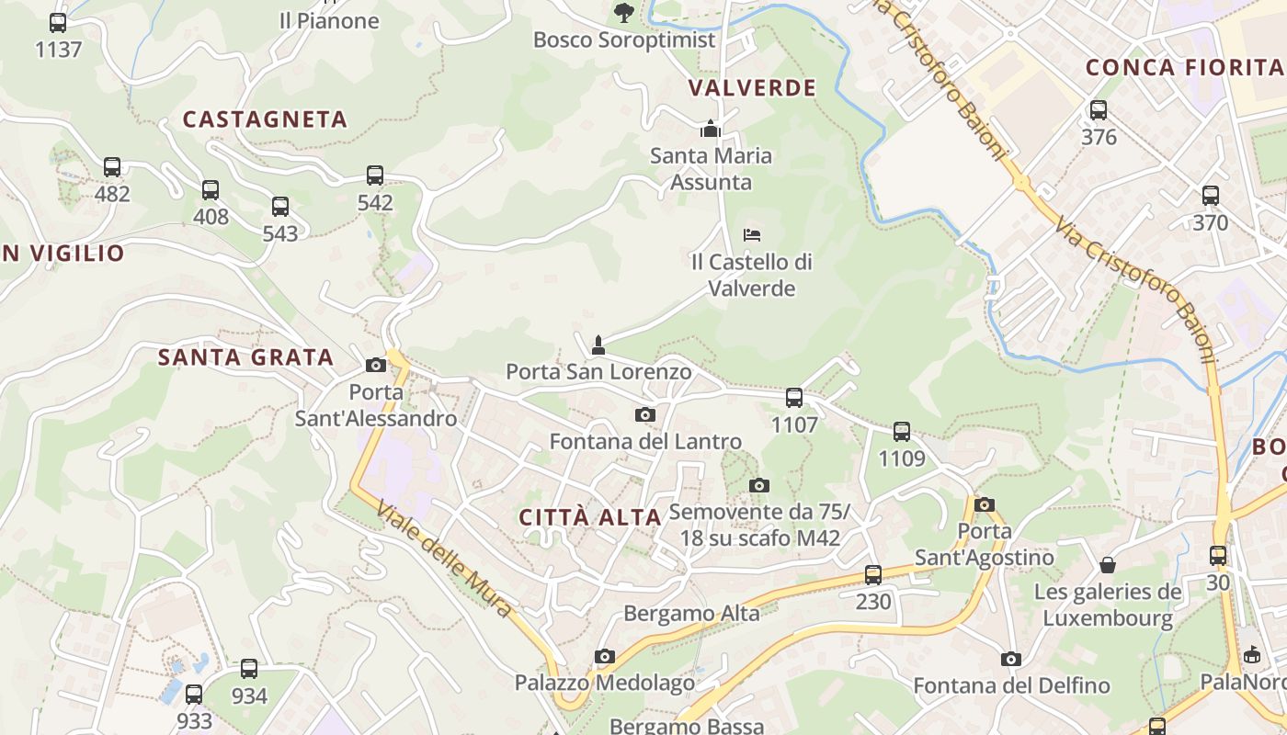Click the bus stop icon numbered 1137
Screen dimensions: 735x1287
click(x=58, y=23)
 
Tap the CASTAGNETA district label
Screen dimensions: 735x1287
click(x=265, y=119)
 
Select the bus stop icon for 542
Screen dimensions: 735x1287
click(x=374, y=175)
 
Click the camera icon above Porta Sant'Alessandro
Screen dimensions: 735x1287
click(x=375, y=365)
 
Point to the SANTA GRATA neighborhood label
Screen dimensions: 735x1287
click(x=245, y=357)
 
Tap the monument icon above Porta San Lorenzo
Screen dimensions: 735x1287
click(x=598, y=345)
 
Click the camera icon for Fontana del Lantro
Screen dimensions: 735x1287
click(x=645, y=414)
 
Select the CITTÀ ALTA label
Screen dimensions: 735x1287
click(x=590, y=517)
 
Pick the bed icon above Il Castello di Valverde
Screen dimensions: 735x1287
click(x=752, y=235)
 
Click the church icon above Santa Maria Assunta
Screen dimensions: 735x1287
click(x=711, y=129)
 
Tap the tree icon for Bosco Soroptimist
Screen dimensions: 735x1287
click(x=624, y=12)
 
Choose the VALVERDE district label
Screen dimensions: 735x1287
click(x=752, y=88)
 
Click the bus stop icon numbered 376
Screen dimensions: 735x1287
click(x=1098, y=110)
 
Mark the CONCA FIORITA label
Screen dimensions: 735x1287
click(x=1184, y=67)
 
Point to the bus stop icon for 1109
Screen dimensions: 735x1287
click(x=902, y=431)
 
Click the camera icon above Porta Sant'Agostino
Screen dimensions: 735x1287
click(x=985, y=504)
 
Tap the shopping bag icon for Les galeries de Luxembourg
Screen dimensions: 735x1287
click(x=1108, y=564)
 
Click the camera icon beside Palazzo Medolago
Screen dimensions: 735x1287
click(x=604, y=656)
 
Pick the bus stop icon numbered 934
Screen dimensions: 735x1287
click(x=249, y=669)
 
